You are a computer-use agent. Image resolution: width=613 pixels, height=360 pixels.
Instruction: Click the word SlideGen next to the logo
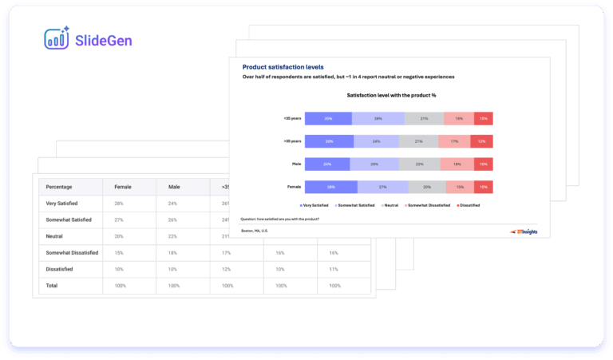point(103,39)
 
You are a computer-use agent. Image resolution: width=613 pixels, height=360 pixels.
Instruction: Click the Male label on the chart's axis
point(295,164)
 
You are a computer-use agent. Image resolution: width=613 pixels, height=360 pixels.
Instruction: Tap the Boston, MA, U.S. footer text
point(255,231)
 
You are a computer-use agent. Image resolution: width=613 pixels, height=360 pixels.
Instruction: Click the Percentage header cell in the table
point(59,187)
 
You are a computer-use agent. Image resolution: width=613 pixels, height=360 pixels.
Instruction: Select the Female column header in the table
point(124,187)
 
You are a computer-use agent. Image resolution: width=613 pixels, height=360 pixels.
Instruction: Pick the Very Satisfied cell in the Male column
point(174,204)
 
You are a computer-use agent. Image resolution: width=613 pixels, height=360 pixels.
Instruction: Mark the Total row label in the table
point(53,285)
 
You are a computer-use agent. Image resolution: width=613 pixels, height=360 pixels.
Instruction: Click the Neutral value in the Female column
point(119,236)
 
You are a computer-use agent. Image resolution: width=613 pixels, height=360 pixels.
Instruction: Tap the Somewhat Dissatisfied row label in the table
point(73,252)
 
